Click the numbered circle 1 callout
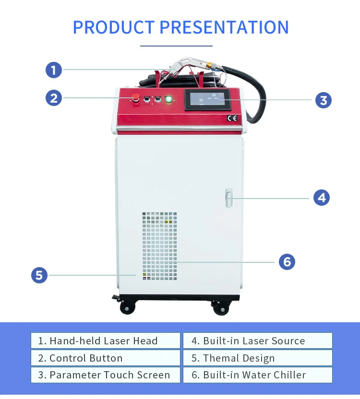pos(54,70)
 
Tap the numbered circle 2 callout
pos(54,98)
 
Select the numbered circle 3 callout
pos(323,100)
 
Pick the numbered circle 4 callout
pos(322,197)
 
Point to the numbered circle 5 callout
pos(39,275)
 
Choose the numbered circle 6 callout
pos(287,262)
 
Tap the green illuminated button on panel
pos(168,100)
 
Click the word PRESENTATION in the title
pos(224,27)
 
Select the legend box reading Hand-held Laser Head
pos(106,341)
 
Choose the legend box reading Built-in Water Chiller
pos(257,375)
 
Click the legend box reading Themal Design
pos(257,358)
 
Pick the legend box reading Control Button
pos(106,358)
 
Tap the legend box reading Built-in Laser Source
pos(257,341)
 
